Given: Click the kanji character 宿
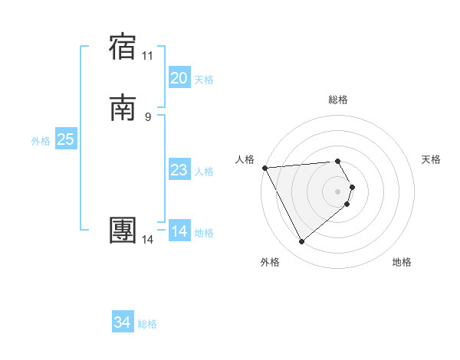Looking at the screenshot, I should tap(123, 47).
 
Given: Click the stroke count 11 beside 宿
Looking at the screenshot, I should tap(148, 56).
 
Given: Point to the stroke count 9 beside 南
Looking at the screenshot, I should tap(148, 116).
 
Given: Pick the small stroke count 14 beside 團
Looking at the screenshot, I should tap(148, 240).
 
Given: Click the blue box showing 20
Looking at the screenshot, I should tap(179, 78).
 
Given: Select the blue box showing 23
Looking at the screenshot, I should tap(179, 170).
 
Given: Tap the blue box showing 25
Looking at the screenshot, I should tap(66, 139).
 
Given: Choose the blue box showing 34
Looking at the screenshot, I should tap(123, 322).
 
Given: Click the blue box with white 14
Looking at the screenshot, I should tap(179, 231).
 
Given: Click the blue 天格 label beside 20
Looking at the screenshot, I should tap(204, 80).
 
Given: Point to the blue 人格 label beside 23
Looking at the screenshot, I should tap(204, 172).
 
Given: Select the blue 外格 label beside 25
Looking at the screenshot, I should tap(41, 141).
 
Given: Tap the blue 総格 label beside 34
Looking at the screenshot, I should tap(147, 324).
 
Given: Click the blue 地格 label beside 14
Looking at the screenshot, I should tap(204, 233).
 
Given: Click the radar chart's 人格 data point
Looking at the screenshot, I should tap(264, 168).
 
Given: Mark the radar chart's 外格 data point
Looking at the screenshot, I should tap(301, 242).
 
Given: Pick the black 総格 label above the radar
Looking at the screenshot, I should tap(338, 100).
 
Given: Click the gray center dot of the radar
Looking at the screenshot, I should tap(338, 191).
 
